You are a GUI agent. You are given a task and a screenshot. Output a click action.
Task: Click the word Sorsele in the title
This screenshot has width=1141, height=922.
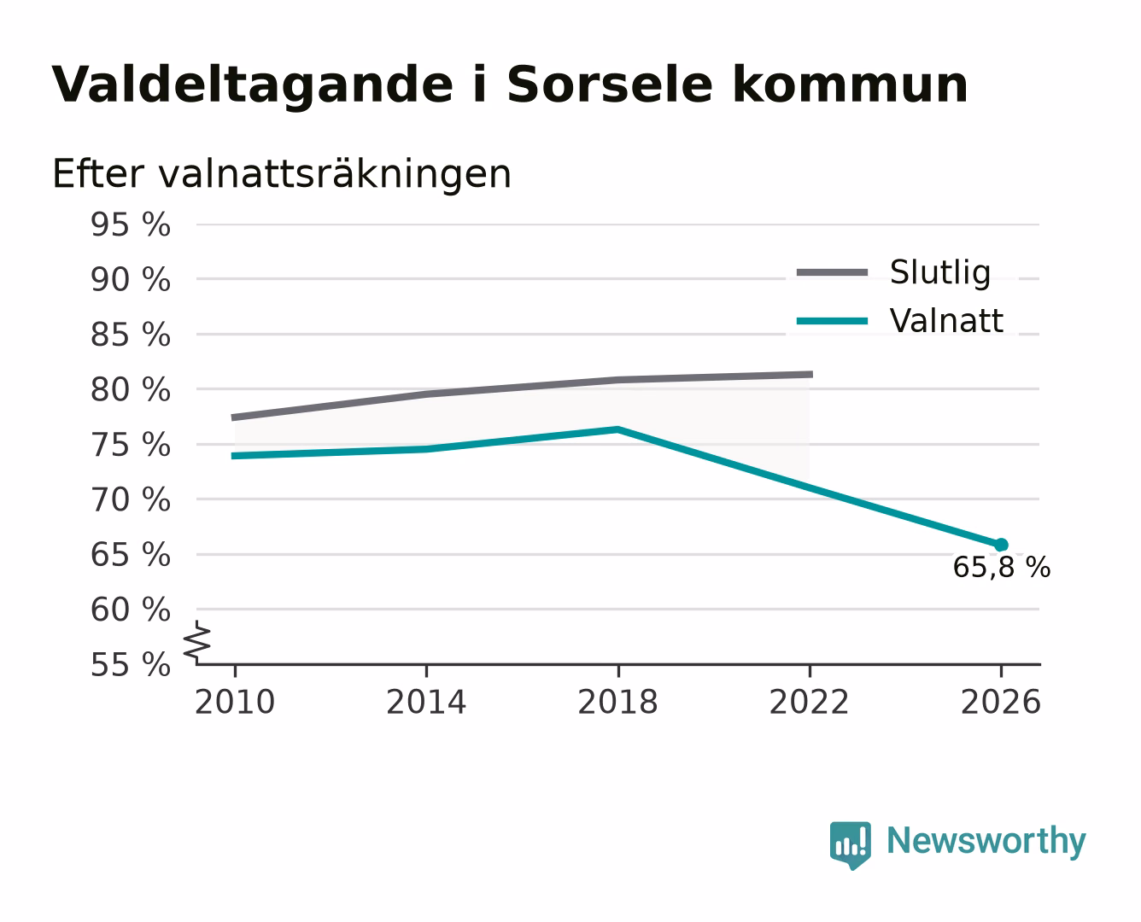pos(609,85)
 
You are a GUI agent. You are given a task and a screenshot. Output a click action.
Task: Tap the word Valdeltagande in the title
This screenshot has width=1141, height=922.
pos(252,85)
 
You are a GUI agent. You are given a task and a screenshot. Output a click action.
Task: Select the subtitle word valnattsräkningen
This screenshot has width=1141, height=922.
pos(335,174)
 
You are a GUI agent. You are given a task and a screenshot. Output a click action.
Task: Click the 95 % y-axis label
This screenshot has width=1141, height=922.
pos(130,225)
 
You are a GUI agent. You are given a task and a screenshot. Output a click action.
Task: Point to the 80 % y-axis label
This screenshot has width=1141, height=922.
pos(130,389)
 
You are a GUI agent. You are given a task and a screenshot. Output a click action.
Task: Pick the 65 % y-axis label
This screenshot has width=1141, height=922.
pos(130,554)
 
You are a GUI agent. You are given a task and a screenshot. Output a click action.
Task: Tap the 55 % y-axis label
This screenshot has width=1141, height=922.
pos(130,664)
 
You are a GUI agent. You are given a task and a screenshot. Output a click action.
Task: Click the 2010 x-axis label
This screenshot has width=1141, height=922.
pos(235,702)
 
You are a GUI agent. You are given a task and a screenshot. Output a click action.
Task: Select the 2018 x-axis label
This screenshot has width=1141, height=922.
pos(617,702)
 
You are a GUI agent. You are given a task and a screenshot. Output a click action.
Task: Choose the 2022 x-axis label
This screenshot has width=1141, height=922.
pos(809,702)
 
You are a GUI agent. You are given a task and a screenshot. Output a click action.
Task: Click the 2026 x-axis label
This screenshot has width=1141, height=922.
pos(1000,702)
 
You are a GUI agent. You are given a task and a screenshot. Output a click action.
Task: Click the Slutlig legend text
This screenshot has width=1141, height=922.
pos(940,272)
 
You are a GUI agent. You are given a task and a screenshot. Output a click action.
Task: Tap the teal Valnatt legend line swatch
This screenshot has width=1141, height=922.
pos(832,321)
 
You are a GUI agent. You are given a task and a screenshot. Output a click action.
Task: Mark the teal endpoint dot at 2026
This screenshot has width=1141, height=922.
pos(1001,545)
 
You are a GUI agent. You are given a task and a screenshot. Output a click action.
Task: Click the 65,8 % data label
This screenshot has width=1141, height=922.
pos(1001,567)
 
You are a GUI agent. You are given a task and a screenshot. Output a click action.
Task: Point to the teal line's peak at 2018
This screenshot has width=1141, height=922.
pos(617,429)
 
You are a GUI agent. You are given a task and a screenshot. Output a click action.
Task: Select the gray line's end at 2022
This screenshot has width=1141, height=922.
pos(812,374)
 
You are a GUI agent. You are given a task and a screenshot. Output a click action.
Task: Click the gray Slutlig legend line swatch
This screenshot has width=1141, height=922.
pos(832,272)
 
